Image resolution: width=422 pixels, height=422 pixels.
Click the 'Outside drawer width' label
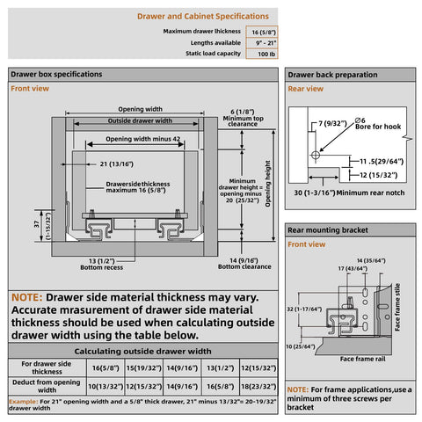(x=140, y=121)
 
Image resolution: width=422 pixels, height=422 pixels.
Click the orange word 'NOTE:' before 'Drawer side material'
(x=31, y=298)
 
